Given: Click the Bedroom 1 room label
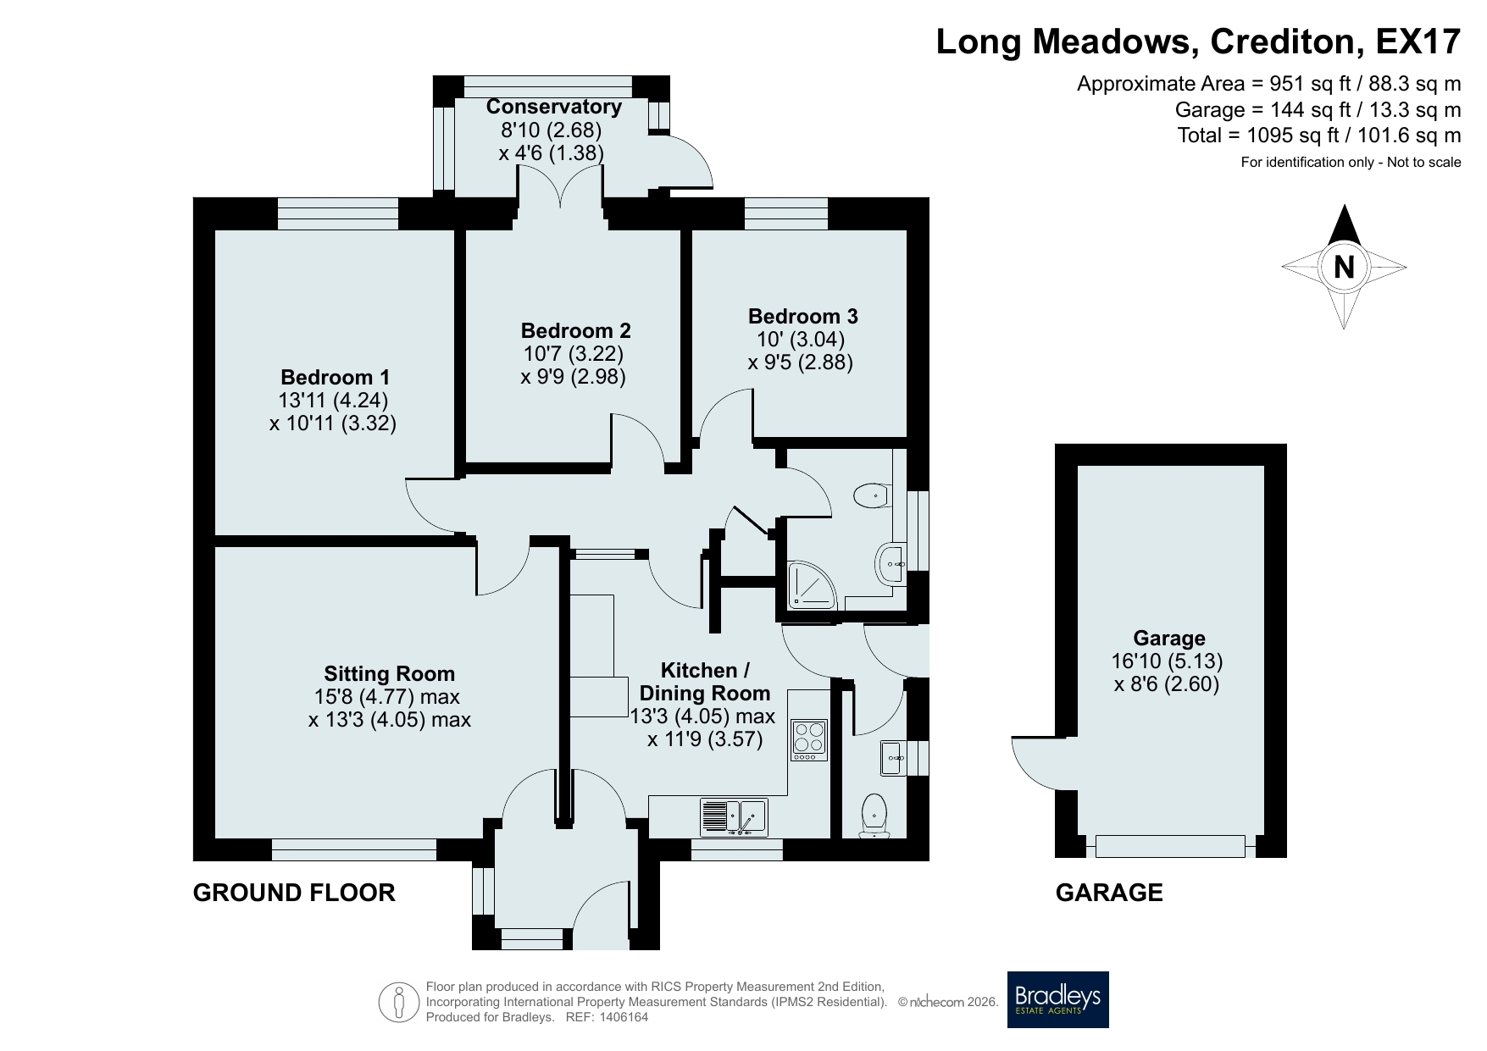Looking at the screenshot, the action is [336, 377].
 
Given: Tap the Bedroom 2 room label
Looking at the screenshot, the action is [575, 330].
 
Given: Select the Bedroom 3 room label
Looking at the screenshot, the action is [802, 317].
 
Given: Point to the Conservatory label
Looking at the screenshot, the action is [554, 107].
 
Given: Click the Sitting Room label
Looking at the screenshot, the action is [390, 674].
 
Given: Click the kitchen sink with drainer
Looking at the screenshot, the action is [734, 818].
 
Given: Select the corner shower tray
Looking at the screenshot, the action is [812, 585].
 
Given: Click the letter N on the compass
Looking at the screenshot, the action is [1344, 268].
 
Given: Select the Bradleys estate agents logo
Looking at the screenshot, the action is [1057, 999].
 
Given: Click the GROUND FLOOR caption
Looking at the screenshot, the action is [294, 893].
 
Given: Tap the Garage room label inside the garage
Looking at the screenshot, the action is [1169, 639].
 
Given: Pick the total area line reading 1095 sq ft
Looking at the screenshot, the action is [1319, 136].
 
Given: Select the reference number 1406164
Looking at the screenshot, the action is [624, 1017].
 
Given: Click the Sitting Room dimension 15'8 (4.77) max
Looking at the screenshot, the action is [386, 697].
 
